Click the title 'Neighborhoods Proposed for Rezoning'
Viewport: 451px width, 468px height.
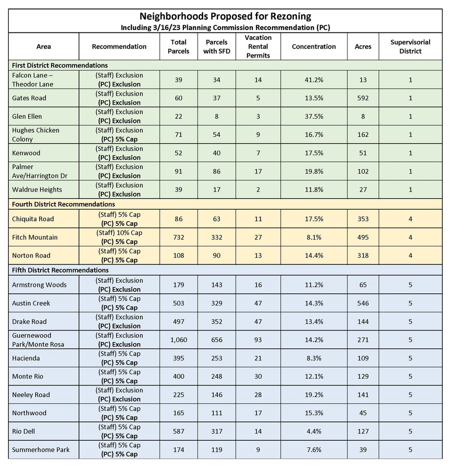(x=225, y=16)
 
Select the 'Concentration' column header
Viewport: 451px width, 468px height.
(x=314, y=47)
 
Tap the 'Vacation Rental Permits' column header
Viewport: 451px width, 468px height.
(x=258, y=47)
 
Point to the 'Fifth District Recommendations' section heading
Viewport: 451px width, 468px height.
(x=60, y=270)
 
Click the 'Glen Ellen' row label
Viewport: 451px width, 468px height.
(x=27, y=117)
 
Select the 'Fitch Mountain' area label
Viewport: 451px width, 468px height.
(x=35, y=238)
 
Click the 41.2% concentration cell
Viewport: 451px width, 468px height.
(x=314, y=80)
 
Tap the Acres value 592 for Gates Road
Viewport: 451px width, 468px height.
(x=363, y=99)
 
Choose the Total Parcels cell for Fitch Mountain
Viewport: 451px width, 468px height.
(x=178, y=238)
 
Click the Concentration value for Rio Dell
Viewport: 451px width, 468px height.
(x=314, y=431)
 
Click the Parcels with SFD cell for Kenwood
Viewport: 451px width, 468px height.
(x=216, y=153)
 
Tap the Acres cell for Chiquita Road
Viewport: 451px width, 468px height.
(x=363, y=219)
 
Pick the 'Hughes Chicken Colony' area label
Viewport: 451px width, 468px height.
(x=36, y=135)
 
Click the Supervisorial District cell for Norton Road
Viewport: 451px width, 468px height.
(x=410, y=256)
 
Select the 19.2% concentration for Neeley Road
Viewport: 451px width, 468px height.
(x=314, y=395)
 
